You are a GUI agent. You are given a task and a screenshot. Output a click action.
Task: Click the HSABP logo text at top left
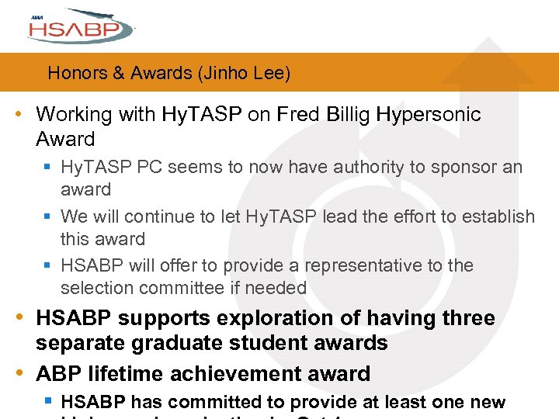coord(74,31)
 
